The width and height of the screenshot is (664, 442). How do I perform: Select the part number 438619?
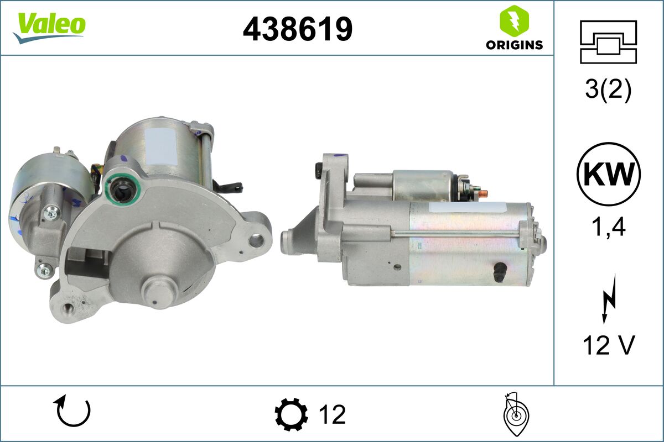pyautogui.click(x=298, y=29)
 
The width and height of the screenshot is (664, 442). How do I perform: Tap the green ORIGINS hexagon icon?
pyautogui.click(x=514, y=21)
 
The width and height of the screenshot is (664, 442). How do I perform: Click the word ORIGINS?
pyautogui.click(x=514, y=45)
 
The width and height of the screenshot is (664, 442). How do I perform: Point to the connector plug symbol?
pyautogui.click(x=608, y=42)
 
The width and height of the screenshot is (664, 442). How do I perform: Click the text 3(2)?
pyautogui.click(x=608, y=91)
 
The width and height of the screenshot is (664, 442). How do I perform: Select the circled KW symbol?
pyautogui.click(x=608, y=174)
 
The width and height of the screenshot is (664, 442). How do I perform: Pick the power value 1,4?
pyautogui.click(x=608, y=227)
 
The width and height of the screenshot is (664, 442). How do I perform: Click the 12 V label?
pyautogui.click(x=608, y=346)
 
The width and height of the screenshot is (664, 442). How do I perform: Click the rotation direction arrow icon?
pyautogui.click(x=72, y=412)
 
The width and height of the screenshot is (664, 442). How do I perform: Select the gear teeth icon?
pyautogui.click(x=291, y=414)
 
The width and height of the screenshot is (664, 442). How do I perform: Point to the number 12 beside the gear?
pyautogui.click(x=332, y=414)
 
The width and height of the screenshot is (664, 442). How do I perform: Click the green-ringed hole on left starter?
pyautogui.click(x=121, y=189)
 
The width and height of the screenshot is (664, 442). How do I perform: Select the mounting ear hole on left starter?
pyautogui.click(x=256, y=240)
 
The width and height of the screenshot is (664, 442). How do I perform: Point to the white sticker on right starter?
pyautogui.click(x=466, y=208)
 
